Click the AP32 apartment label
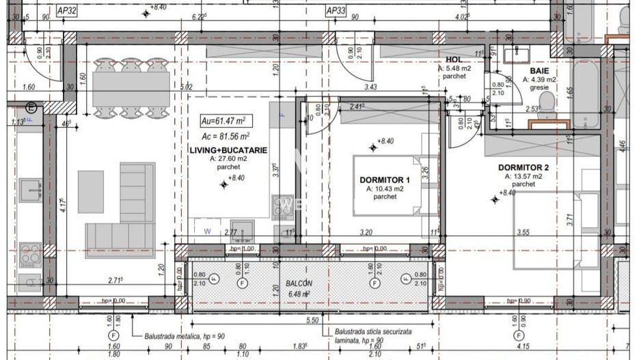pos(66,11)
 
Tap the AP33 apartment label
pos(336,11)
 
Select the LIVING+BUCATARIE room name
pos(228,150)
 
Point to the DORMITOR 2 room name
pos(523,167)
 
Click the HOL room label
pos(454,60)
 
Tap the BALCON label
pos(299,283)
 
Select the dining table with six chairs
pos(131,87)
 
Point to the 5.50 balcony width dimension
pos(313,320)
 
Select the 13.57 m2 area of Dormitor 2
pos(523,176)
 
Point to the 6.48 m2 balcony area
pos(298,294)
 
